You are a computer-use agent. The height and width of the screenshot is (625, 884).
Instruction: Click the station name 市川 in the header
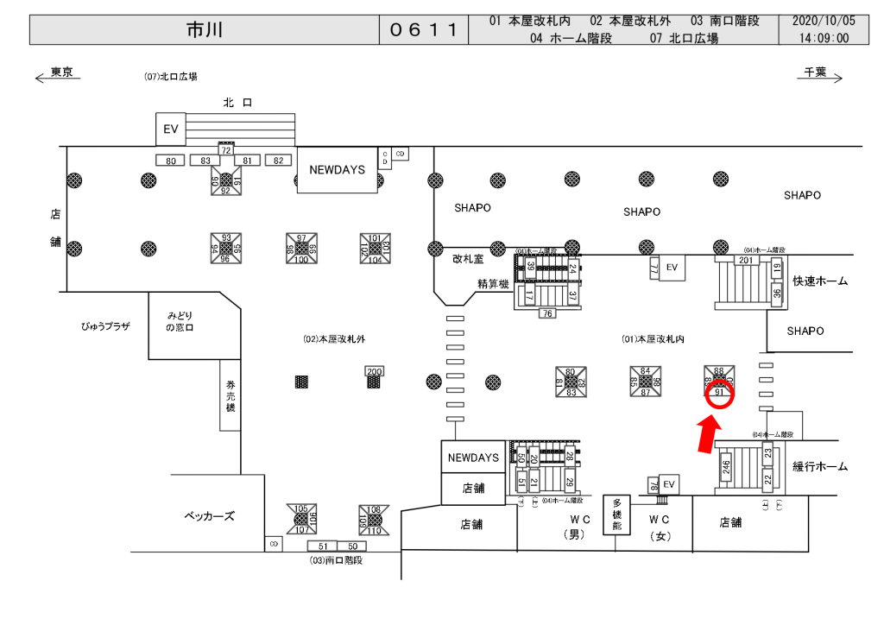[x=204, y=29]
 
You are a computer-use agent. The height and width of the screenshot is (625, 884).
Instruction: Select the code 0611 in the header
[x=422, y=29]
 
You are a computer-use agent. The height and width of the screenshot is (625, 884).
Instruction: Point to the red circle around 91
[x=721, y=394]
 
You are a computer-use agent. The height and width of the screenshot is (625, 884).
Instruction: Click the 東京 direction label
[x=60, y=73]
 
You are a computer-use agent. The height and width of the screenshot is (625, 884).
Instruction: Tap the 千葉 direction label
[x=816, y=73]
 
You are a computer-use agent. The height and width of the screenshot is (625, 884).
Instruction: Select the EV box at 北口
[x=170, y=129]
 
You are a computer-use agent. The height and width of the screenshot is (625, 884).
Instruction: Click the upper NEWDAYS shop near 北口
[x=337, y=170]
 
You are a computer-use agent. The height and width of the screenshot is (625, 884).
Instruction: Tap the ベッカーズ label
[x=209, y=516]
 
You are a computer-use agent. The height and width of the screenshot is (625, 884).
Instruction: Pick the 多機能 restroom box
[x=617, y=515]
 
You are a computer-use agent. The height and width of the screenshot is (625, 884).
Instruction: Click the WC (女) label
[x=660, y=527]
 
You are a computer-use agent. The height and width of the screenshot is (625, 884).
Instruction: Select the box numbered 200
[x=374, y=371]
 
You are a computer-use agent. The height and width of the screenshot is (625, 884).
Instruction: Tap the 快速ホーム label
[x=819, y=281]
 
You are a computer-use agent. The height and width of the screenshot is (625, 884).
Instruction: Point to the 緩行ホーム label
[x=820, y=466]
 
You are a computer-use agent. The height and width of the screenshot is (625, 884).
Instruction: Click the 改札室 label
[x=468, y=257]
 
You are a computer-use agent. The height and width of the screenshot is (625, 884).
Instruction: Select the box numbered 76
[x=546, y=313]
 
